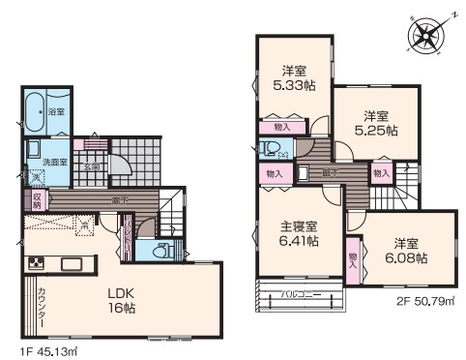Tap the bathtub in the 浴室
click(x=38, y=110)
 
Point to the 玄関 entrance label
click(x=92, y=165)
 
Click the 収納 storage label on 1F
click(x=37, y=199)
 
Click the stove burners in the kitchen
click(x=36, y=262)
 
